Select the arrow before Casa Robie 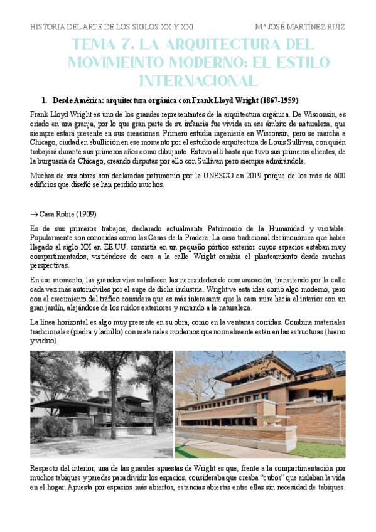point(34,214)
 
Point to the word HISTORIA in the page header point(48,27)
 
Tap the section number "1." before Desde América point(45,100)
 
